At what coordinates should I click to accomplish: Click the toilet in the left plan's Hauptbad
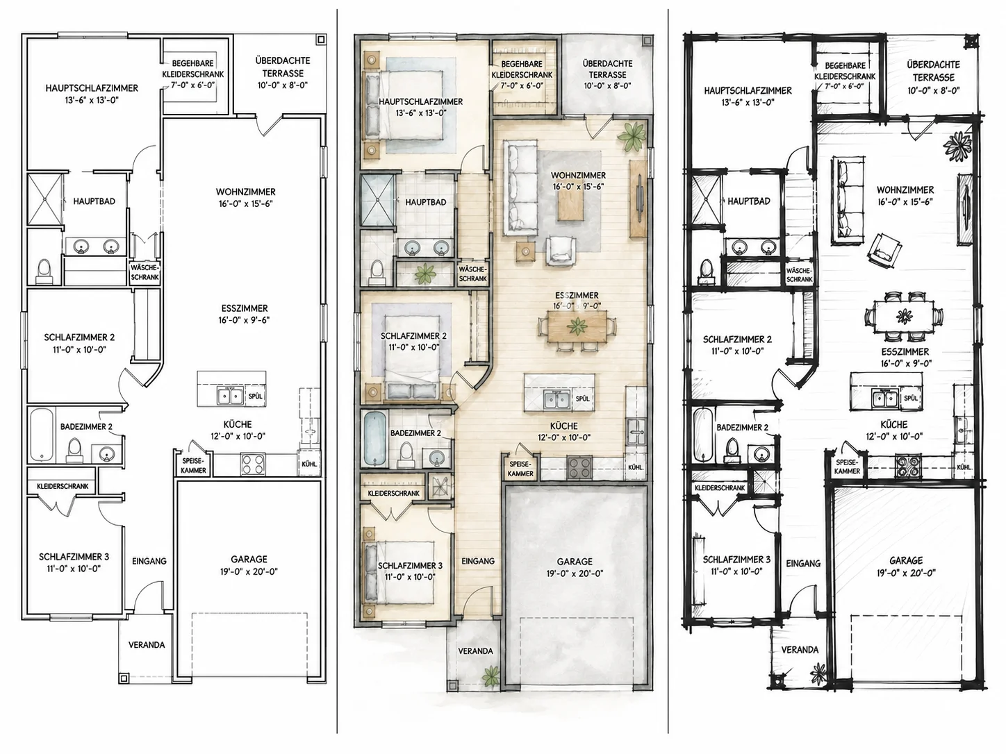(x=44, y=270)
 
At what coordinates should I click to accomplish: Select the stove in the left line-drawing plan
(x=253, y=464)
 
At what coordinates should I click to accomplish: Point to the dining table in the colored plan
(x=577, y=326)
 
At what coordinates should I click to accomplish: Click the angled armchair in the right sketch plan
(x=884, y=251)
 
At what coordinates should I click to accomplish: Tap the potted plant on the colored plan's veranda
(x=491, y=676)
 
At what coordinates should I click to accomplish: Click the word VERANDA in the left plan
(x=146, y=644)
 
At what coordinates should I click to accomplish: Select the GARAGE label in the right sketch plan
(x=906, y=560)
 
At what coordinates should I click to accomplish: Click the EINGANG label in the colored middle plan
(x=477, y=561)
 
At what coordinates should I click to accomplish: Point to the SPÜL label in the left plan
(x=255, y=396)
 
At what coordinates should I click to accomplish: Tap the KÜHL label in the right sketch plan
(x=964, y=467)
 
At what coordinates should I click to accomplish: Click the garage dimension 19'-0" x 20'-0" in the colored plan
(x=575, y=573)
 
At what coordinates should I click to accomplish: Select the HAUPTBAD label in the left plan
(x=94, y=201)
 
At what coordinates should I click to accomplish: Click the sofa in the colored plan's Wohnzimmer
(x=520, y=188)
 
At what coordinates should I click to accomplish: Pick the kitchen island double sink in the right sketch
(x=884, y=399)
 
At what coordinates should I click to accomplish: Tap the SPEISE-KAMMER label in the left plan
(x=193, y=466)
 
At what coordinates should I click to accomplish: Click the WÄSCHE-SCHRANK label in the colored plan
(x=472, y=274)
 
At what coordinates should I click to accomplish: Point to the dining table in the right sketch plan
(x=904, y=316)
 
